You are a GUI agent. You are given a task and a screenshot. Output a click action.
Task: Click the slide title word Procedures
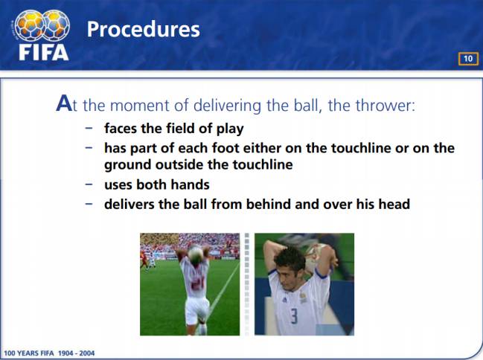click(x=143, y=30)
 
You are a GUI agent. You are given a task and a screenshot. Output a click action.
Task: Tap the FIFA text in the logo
click(x=43, y=52)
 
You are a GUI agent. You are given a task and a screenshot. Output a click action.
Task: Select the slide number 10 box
click(x=468, y=59)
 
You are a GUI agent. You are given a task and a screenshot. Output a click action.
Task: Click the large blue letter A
click(x=64, y=103)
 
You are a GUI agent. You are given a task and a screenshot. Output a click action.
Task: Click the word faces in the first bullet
click(x=121, y=128)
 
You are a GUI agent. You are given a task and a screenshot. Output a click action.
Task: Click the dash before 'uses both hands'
click(x=89, y=184)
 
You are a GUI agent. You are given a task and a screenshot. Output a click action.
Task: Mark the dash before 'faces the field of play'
click(x=89, y=129)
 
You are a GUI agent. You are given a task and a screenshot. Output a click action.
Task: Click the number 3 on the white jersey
click(x=295, y=316)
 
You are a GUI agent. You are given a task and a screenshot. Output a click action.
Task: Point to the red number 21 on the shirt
click(x=196, y=283)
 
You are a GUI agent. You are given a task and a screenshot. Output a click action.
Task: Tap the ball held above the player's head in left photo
click(x=195, y=254)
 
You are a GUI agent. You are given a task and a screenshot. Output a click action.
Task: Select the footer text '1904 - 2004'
click(x=76, y=353)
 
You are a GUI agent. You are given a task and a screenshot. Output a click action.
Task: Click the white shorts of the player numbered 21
click(x=196, y=310)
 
